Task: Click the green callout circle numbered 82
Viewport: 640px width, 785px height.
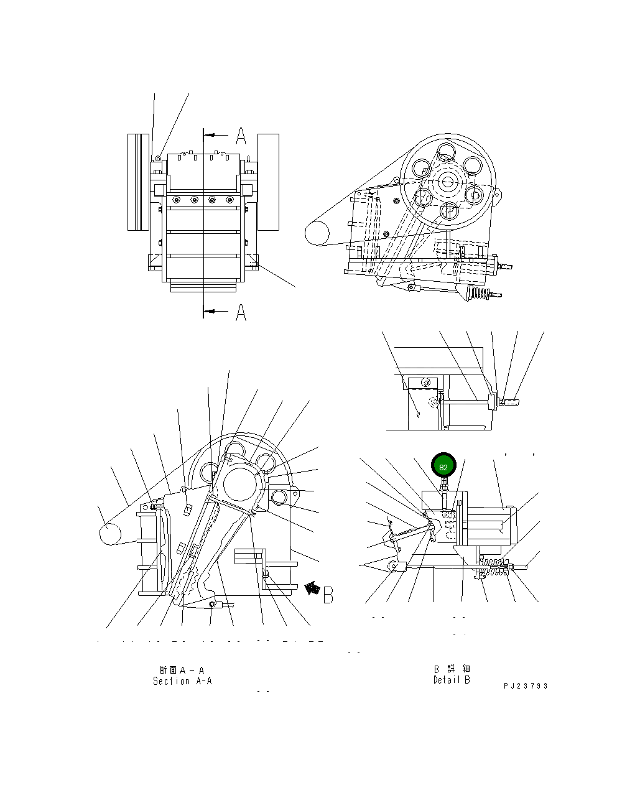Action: [x=443, y=466]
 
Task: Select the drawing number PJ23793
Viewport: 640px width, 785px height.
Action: [x=526, y=685]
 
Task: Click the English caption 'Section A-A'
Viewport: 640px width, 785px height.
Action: [x=182, y=681]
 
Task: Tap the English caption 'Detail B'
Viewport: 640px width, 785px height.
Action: [x=452, y=680]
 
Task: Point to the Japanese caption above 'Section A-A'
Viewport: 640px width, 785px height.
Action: [x=182, y=670]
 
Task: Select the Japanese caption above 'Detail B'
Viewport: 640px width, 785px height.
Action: [x=452, y=669]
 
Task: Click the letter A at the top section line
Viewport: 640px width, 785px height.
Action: [x=240, y=136]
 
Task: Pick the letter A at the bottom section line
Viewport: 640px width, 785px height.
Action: [x=240, y=312]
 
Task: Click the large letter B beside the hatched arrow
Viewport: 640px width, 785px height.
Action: [x=328, y=594]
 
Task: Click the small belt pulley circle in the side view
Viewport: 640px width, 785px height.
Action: [x=317, y=235]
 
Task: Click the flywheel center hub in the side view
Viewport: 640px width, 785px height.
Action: [x=447, y=181]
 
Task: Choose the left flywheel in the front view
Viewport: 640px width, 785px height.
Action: [x=139, y=182]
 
